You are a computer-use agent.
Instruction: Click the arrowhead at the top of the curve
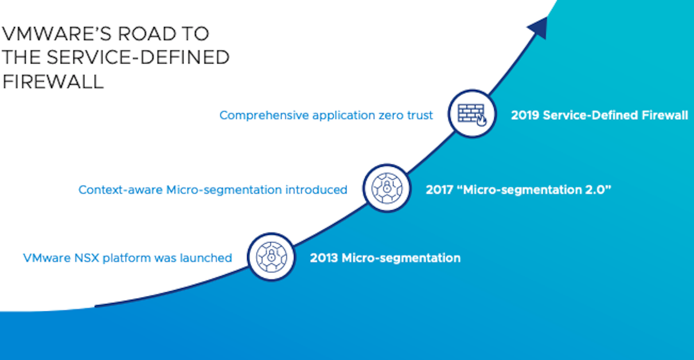(x=539, y=28)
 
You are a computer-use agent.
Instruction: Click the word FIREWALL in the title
(x=53, y=82)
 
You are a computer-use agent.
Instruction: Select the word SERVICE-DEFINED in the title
(x=138, y=57)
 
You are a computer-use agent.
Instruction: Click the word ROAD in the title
(x=147, y=33)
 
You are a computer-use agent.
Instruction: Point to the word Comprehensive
(x=264, y=116)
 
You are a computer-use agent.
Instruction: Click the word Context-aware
(x=120, y=190)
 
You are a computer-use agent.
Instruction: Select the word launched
(x=206, y=258)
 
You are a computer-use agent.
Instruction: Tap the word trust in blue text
(x=420, y=115)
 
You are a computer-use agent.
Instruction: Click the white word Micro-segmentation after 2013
(x=401, y=259)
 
